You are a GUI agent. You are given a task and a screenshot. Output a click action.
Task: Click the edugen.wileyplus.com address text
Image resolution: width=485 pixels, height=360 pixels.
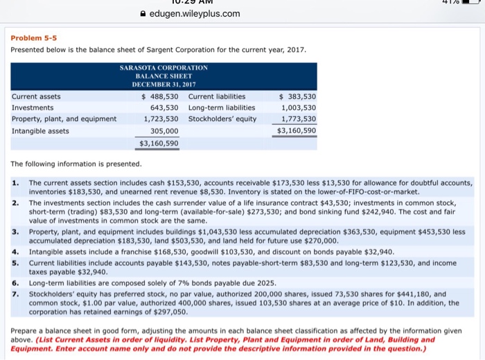pos(195,13)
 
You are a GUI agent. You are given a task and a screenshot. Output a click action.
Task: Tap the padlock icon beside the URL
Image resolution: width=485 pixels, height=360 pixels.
pos(143,13)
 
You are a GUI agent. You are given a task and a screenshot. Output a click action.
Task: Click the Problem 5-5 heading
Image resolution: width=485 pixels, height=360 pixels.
pos(33,39)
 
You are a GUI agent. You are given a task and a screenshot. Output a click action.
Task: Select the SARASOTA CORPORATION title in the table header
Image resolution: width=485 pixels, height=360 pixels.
pos(164,67)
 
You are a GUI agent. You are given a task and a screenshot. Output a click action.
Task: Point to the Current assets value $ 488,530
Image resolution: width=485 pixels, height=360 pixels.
pos(159,96)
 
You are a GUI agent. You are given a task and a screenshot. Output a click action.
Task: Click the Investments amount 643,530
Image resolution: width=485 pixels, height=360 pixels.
pos(164,107)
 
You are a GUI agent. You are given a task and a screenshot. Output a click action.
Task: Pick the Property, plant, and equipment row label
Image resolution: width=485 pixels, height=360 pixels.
pos(64,118)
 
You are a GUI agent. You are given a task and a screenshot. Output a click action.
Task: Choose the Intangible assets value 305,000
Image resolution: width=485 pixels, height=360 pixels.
pos(164,130)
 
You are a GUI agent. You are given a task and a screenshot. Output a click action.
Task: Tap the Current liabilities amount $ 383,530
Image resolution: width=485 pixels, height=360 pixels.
pos(297,96)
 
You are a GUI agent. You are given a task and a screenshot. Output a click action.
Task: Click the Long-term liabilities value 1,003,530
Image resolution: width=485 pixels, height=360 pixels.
pos(299,107)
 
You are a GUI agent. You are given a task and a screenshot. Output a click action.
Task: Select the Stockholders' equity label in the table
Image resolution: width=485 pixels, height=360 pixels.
pos(222,118)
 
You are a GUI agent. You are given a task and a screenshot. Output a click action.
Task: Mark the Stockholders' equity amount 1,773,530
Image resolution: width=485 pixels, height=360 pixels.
pos(299,118)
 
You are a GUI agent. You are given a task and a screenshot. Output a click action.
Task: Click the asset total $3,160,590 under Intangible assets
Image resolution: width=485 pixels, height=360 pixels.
pos(159,143)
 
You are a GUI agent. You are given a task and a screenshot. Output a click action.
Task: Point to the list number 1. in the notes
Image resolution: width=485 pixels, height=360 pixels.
pos(15,182)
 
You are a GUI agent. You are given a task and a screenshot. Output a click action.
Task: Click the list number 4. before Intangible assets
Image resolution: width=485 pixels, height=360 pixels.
pos(15,252)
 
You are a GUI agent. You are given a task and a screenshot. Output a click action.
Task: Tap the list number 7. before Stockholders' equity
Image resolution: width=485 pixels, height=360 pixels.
pos(15,294)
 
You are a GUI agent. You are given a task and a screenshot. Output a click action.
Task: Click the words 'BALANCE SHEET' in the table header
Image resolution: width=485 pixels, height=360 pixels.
pos(164,75)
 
